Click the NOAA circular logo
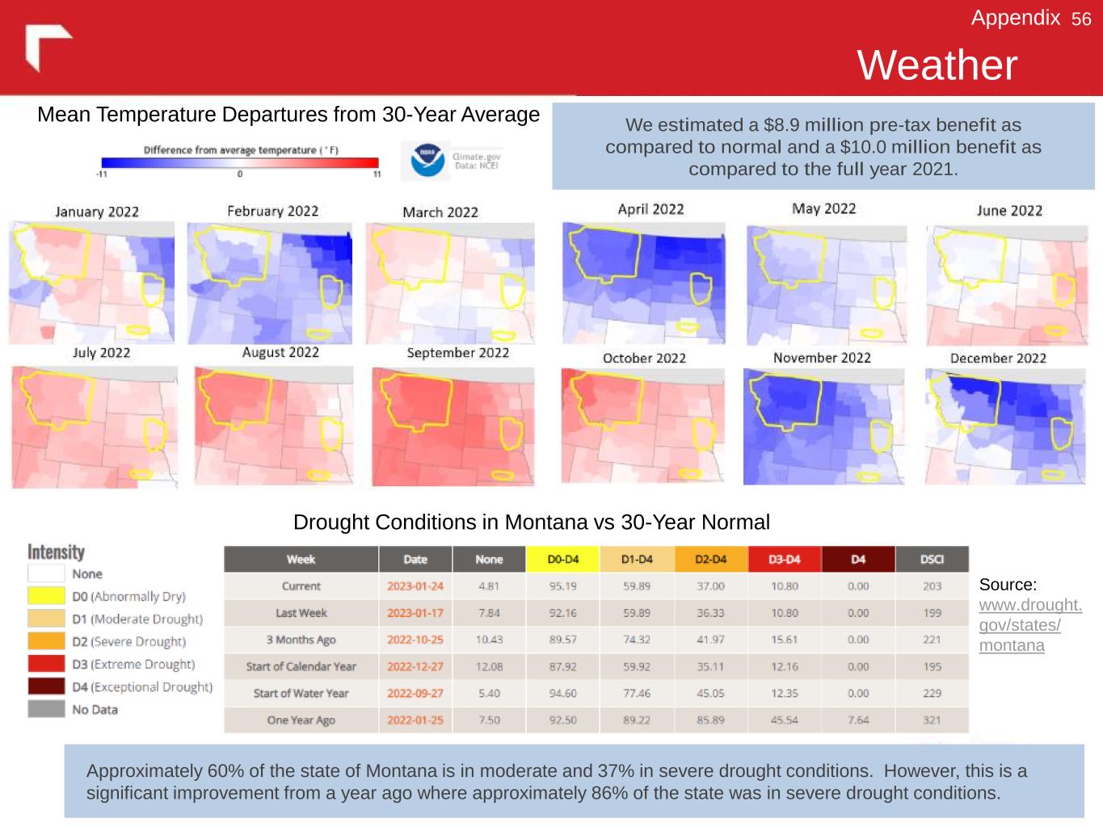(x=427, y=160)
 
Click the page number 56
(x=1081, y=19)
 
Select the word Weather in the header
(x=937, y=65)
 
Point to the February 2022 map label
(x=272, y=212)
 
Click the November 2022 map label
(x=822, y=358)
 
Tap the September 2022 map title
(x=458, y=353)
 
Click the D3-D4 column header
(x=784, y=559)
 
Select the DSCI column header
(x=932, y=559)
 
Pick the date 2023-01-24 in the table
(x=415, y=586)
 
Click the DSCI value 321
(x=932, y=720)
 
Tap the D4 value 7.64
(x=858, y=720)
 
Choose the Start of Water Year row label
(x=301, y=693)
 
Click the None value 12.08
(x=489, y=666)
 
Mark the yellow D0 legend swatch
(x=46, y=596)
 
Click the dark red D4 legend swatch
(x=46, y=686)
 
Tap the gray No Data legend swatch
(x=46, y=709)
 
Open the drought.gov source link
(x=1029, y=625)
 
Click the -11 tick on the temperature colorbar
(x=102, y=174)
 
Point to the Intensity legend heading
(x=56, y=552)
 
